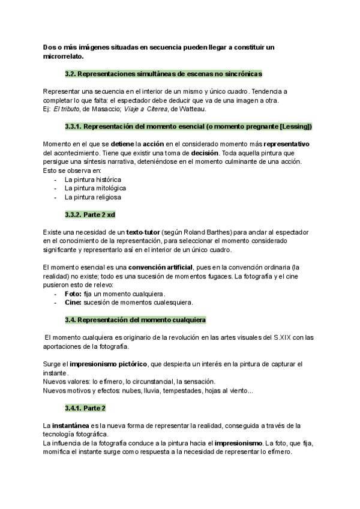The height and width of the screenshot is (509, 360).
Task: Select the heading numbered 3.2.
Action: (x=163, y=74)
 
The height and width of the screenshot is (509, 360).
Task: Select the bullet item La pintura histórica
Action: (x=92, y=179)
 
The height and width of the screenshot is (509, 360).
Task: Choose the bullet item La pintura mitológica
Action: (x=95, y=188)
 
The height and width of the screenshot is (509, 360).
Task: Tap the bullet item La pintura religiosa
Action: (x=92, y=197)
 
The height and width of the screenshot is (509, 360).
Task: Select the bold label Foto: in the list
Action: (x=73, y=294)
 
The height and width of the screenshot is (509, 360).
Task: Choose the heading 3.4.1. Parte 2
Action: (x=85, y=408)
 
